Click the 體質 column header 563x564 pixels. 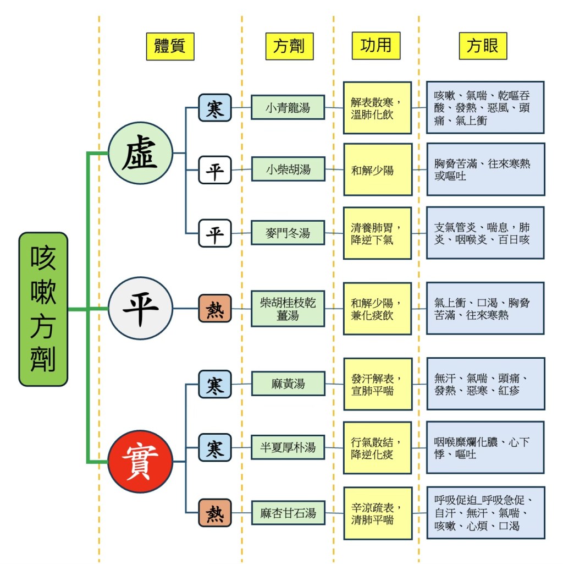click(x=170, y=46)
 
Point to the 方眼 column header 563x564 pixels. click(x=483, y=46)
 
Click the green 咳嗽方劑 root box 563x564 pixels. click(x=43, y=309)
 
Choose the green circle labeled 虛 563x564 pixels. click(x=140, y=153)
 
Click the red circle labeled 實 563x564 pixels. click(x=140, y=461)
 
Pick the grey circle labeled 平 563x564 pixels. click(x=140, y=308)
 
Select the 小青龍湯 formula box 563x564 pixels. click(x=288, y=107)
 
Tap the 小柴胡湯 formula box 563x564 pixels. click(x=288, y=169)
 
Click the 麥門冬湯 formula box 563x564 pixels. click(x=288, y=233)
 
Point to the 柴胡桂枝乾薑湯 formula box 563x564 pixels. click(x=288, y=309)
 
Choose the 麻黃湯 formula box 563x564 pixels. click(x=288, y=384)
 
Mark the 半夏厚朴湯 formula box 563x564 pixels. click(x=288, y=447)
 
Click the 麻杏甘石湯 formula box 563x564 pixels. click(x=288, y=513)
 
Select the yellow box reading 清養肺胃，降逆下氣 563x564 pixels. click(x=377, y=233)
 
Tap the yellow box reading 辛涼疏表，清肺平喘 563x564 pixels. click(x=377, y=513)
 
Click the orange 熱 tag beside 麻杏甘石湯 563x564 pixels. click(x=215, y=513)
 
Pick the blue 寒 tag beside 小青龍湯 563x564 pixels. click(x=215, y=108)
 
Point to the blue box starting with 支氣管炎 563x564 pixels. click(x=485, y=233)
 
